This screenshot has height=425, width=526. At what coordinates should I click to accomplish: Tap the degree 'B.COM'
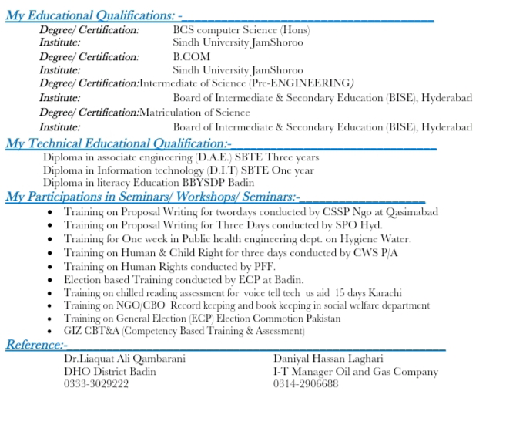coord(191,56)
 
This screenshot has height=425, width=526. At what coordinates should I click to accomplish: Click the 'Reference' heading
coord(35,345)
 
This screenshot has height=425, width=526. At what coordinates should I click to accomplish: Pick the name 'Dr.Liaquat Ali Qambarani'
coord(125,359)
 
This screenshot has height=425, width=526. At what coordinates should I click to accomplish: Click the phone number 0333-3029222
coord(96,384)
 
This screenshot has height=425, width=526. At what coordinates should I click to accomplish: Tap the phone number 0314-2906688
coord(305,384)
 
